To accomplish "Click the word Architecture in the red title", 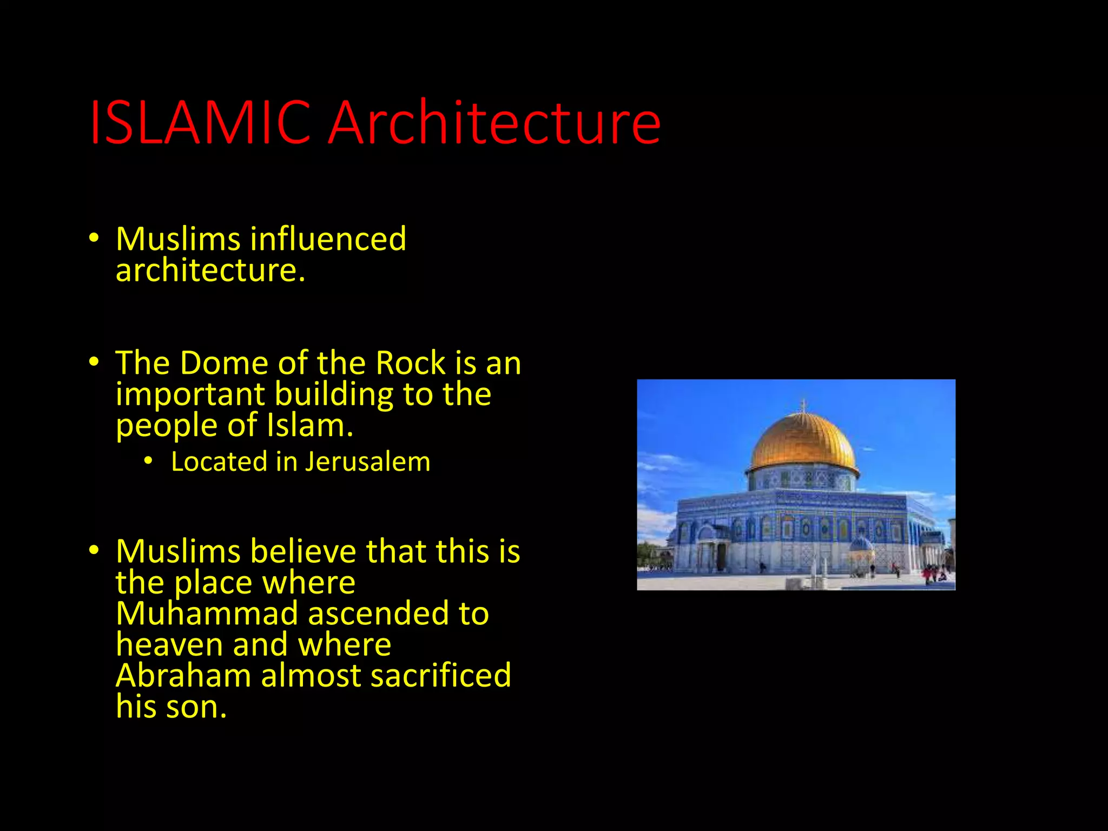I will tap(494, 123).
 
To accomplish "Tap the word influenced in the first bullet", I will tap(328, 239).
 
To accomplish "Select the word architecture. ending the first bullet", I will tap(210, 271).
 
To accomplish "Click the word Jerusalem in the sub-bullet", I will tap(368, 462).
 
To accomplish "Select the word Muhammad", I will tap(207, 614).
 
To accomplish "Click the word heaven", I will tap(169, 645).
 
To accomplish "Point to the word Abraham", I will tap(183, 676).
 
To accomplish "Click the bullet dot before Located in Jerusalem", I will tap(148, 461).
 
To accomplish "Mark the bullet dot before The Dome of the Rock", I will tap(94, 362).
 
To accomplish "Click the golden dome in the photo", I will tap(802, 441).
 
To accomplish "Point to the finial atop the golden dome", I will tap(803, 405).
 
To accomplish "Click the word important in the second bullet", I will tap(190, 394).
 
